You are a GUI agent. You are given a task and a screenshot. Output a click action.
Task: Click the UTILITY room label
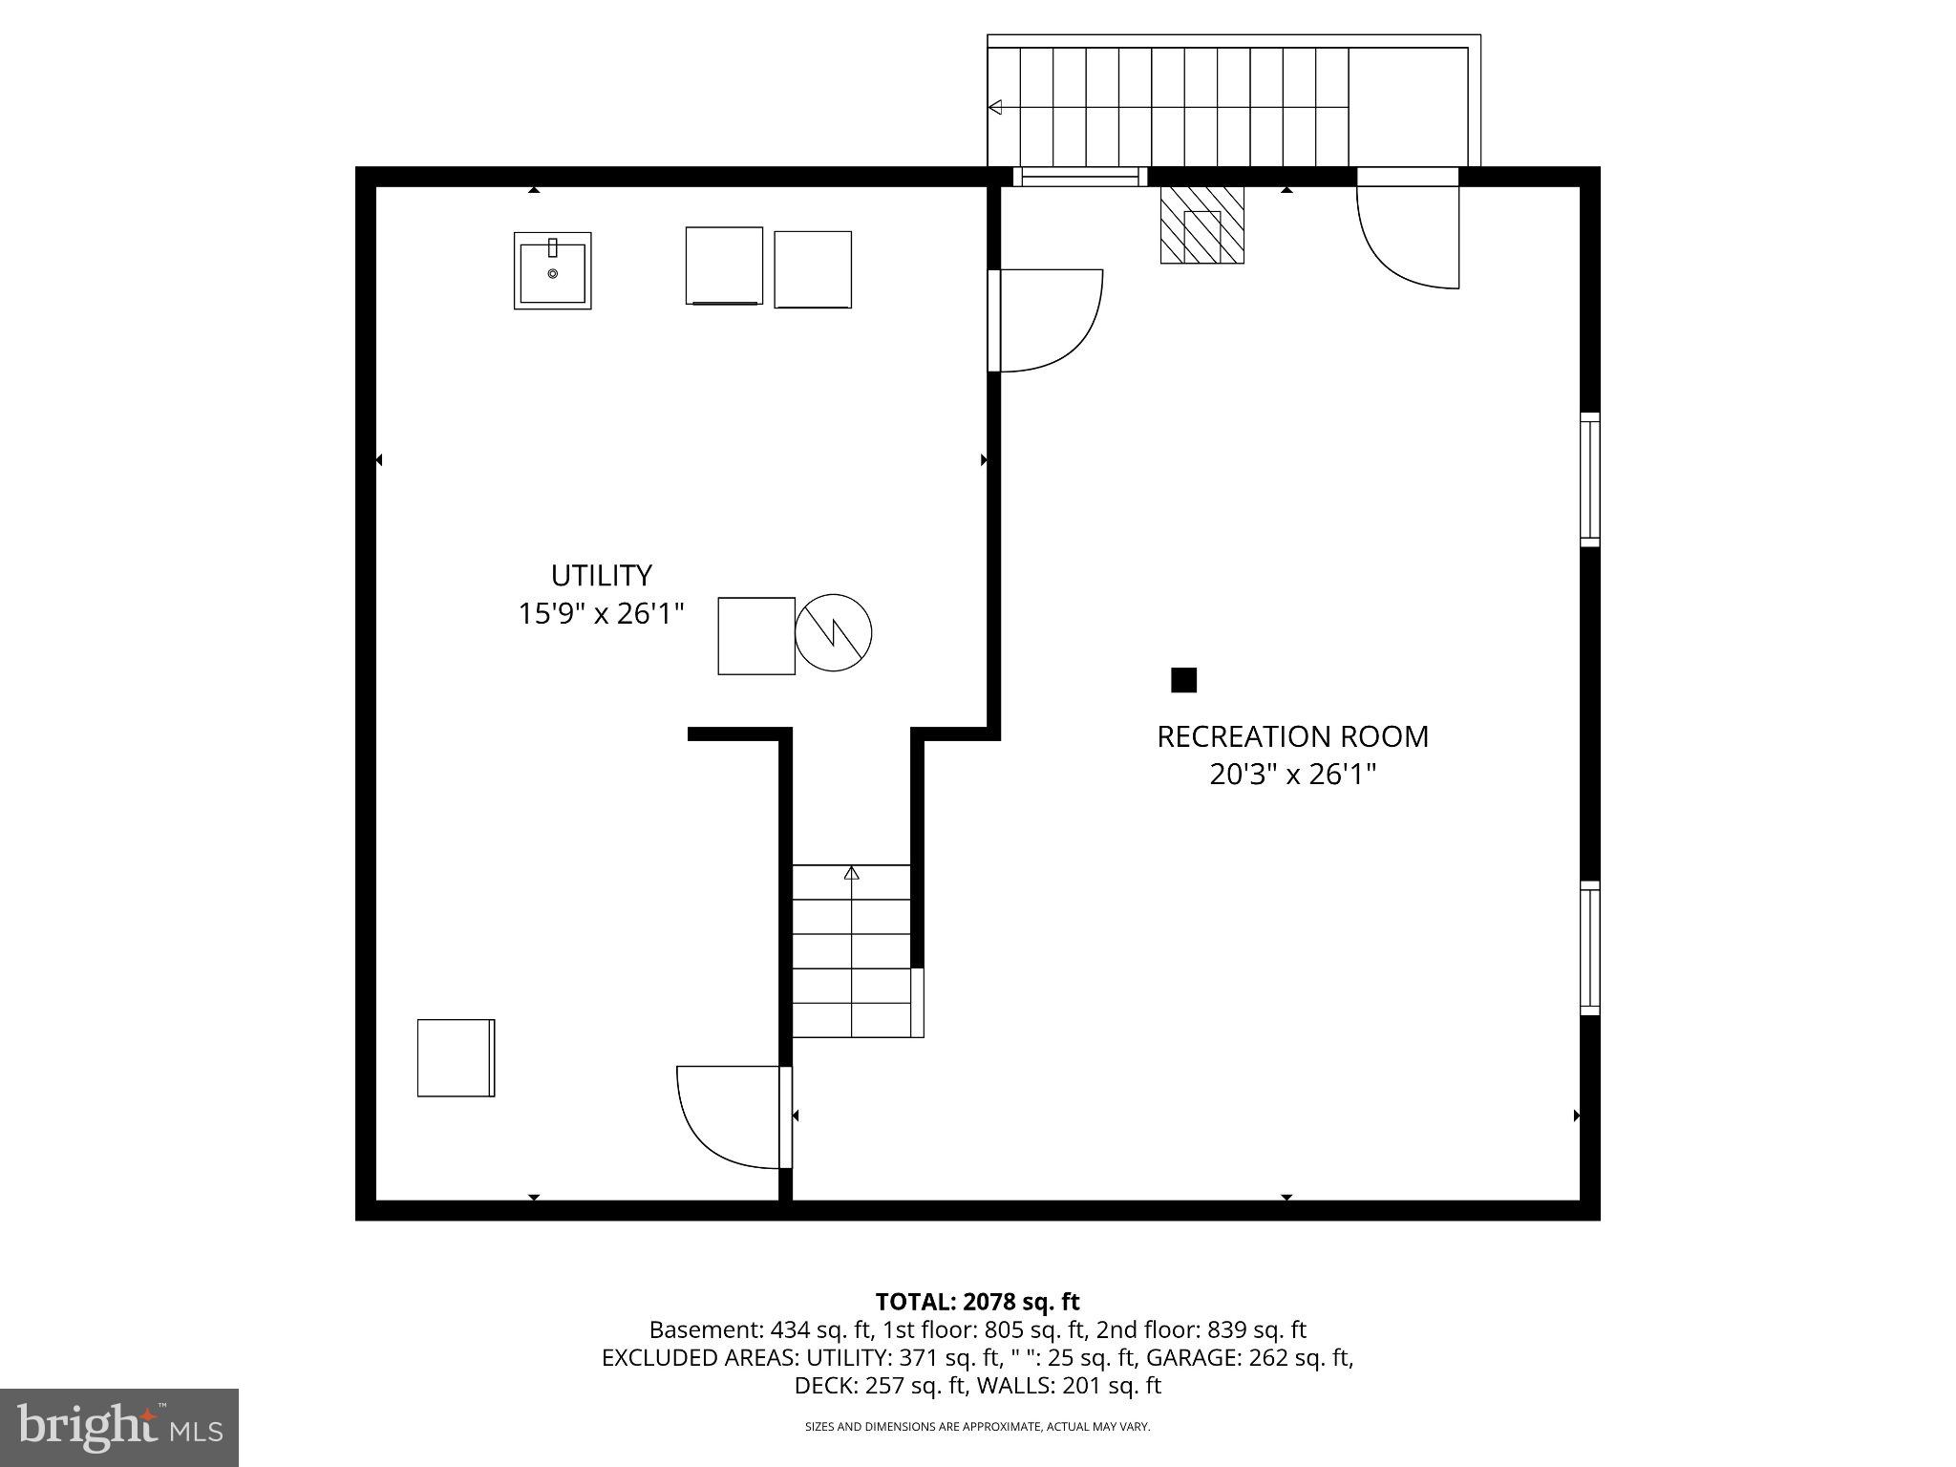click(601, 575)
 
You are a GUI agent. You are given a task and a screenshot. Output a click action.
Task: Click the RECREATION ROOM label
click(1292, 736)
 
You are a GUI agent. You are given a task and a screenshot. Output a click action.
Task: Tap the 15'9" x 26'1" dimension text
click(601, 613)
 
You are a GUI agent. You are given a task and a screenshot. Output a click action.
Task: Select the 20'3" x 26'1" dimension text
click(1292, 774)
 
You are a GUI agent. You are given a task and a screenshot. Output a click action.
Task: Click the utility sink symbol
click(552, 270)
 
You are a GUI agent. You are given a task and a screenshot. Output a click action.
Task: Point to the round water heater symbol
click(834, 632)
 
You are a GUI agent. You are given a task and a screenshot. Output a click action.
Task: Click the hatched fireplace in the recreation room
click(1201, 225)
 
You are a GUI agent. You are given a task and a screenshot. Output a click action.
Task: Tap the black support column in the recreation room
click(1183, 680)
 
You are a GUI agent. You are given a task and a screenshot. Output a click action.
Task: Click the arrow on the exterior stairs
click(995, 107)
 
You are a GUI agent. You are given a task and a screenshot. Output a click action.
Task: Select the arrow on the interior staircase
click(851, 873)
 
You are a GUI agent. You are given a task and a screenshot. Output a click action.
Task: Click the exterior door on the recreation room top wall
click(1408, 234)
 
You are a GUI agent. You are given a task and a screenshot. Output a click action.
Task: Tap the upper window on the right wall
click(1589, 479)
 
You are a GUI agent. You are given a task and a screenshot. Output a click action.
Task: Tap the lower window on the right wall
click(1589, 947)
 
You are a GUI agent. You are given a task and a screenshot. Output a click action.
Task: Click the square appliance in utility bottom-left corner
click(456, 1057)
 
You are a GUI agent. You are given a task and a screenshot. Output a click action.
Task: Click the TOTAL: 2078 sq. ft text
click(977, 1302)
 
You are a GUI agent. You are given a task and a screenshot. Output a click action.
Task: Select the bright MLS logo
click(119, 1427)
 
